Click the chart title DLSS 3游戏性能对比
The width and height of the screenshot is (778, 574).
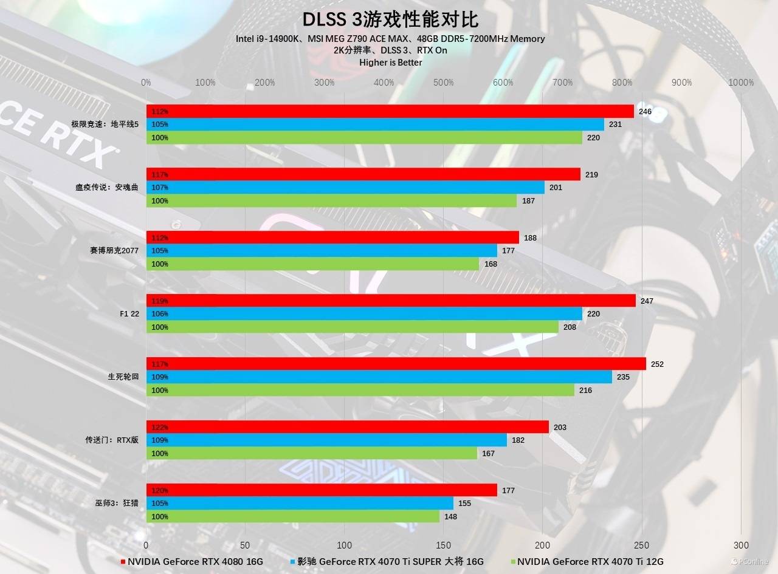[390, 19]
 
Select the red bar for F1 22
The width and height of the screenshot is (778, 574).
[391, 301]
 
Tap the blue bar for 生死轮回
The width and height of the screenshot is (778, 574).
[379, 377]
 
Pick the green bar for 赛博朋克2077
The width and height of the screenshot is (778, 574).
[312, 264]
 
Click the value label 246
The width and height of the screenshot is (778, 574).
[645, 112]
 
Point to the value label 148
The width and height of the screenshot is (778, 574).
[450, 517]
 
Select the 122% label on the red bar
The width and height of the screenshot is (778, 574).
[159, 428]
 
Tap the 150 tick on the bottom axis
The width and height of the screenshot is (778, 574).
[444, 545]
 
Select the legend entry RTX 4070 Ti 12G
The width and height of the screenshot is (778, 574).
[590, 562]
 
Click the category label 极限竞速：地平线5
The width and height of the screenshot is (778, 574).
[105, 124]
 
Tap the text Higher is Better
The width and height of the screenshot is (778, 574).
[390, 62]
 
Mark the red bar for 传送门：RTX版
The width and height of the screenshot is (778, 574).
[347, 427]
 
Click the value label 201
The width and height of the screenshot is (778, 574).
[556, 188]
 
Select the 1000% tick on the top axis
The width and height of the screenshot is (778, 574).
[741, 83]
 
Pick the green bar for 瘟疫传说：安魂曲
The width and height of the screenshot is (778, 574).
[331, 200]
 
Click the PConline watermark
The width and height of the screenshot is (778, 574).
[751, 562]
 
